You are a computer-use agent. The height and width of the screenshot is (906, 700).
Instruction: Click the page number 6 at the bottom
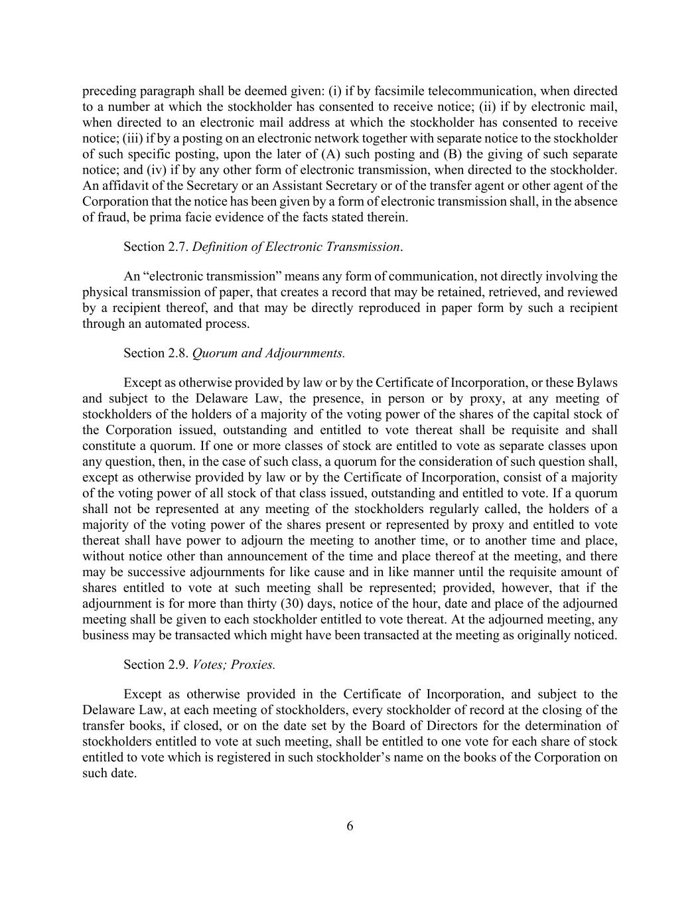(x=350, y=826)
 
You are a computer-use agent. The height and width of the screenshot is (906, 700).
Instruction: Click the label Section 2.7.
(x=156, y=247)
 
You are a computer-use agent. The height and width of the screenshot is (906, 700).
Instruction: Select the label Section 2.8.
(x=156, y=353)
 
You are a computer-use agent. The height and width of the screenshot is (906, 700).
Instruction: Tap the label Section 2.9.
(x=156, y=664)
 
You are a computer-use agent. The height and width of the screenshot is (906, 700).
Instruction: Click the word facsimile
(x=398, y=91)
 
